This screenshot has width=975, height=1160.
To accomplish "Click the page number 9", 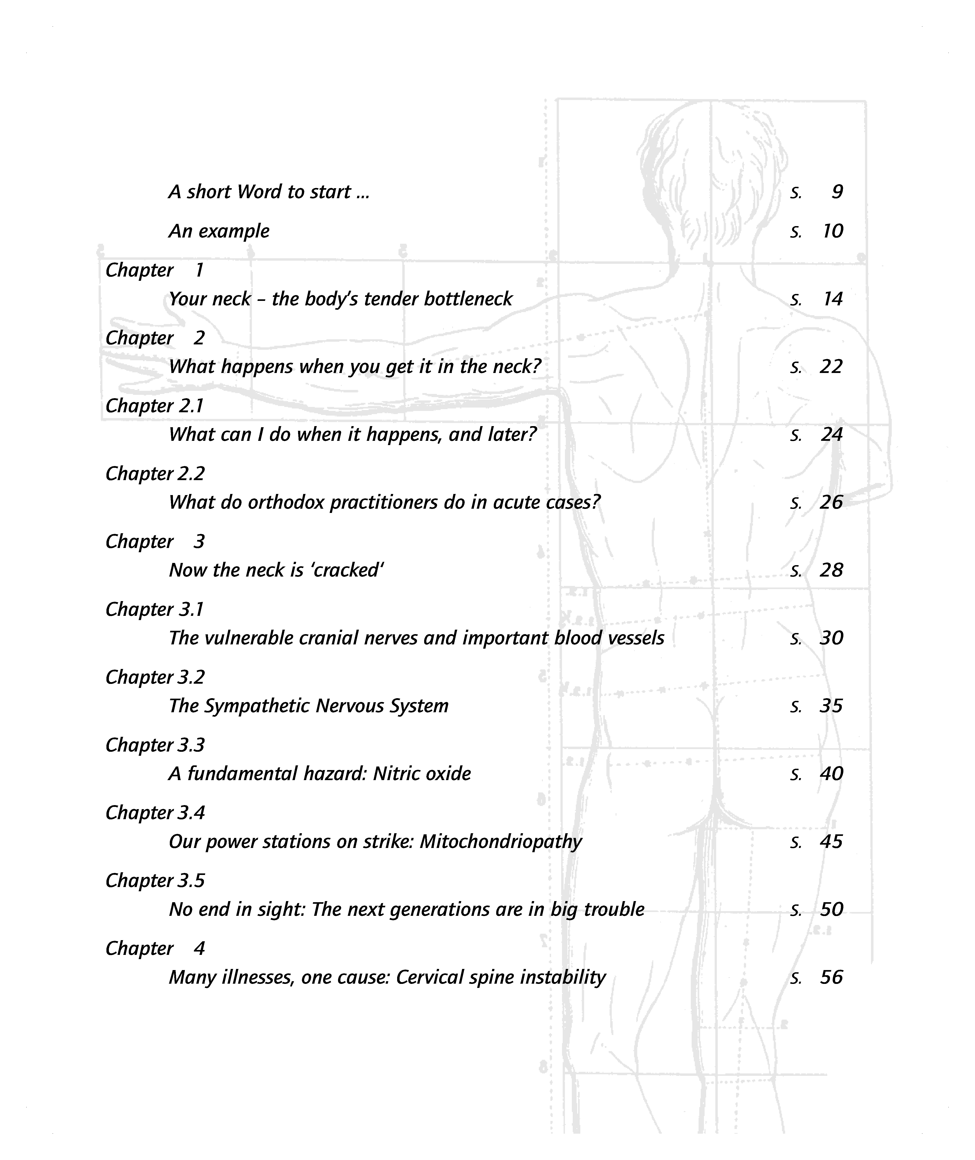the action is (x=837, y=192).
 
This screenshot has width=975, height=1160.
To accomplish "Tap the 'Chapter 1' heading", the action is (x=155, y=270).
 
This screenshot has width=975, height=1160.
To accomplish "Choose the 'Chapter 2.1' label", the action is (x=155, y=406).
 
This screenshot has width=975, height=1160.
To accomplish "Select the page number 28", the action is (x=831, y=570).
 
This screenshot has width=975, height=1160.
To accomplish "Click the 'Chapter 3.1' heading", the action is (x=155, y=609).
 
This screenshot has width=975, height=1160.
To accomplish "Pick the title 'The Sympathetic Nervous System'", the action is (x=308, y=706).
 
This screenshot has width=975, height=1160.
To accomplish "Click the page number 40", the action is (x=831, y=773).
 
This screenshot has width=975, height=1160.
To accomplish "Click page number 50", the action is (x=831, y=910).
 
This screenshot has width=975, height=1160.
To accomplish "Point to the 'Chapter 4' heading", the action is (x=155, y=949).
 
